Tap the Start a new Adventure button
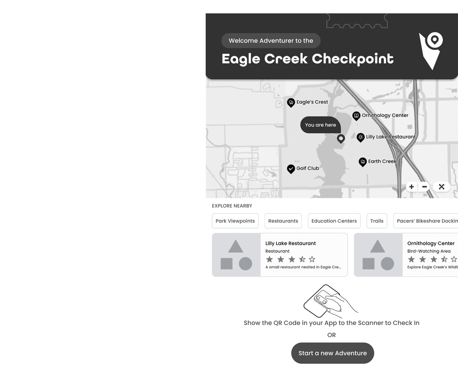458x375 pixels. (332, 353)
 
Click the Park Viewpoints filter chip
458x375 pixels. (235, 221)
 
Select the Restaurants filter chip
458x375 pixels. (283, 221)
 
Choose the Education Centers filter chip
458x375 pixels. (334, 221)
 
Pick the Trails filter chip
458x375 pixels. (377, 221)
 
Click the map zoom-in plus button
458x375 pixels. (411, 187)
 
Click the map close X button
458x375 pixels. (441, 187)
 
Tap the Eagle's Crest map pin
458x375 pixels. (291, 102)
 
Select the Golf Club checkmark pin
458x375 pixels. (291, 169)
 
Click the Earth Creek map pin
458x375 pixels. (363, 162)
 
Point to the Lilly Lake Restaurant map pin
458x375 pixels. (360, 137)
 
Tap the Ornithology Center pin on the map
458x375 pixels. (356, 115)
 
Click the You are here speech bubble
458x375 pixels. (320, 125)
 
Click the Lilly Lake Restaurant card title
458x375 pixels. (291, 243)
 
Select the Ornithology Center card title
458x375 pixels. (431, 243)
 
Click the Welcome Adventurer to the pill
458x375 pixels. (271, 41)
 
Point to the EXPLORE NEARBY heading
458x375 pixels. (232, 206)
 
